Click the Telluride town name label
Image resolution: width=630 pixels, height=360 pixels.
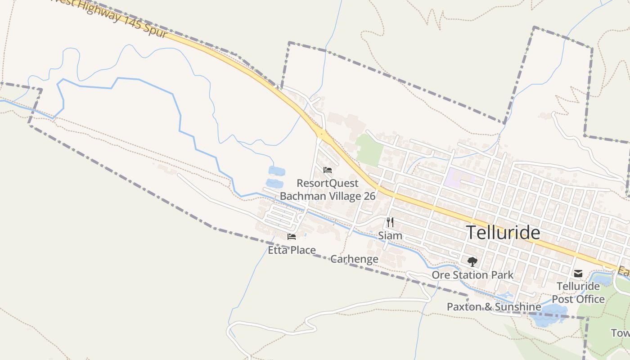(x=503, y=233)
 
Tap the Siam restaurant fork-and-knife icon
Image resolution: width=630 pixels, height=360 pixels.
(x=390, y=222)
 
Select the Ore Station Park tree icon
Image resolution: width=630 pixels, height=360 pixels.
(x=472, y=261)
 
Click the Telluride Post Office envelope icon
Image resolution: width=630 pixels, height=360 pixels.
(x=578, y=273)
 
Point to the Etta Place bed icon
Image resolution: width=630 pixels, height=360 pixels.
(x=292, y=237)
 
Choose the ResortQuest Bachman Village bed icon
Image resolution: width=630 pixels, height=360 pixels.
(x=328, y=170)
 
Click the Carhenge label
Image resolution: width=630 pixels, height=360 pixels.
(x=354, y=259)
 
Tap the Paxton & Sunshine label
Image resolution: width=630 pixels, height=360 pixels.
(x=494, y=307)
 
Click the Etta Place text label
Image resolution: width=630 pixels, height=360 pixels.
(x=292, y=250)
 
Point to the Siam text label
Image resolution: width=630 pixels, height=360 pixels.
(x=390, y=235)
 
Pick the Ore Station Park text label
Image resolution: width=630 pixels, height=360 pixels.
(x=472, y=274)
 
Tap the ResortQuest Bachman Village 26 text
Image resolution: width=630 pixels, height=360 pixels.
(x=328, y=189)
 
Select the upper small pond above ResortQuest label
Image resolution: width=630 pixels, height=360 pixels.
(x=276, y=171)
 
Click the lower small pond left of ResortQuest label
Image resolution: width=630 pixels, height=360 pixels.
(x=274, y=184)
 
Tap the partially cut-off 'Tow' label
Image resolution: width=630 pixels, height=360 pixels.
(x=620, y=333)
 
